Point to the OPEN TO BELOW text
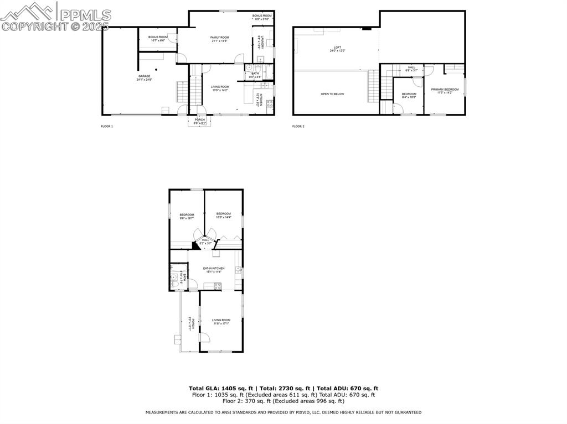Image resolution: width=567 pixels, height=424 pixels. coord(332,94)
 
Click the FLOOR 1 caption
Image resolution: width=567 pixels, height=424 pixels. coord(107,127)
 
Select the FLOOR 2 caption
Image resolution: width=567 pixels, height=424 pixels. coord(298,127)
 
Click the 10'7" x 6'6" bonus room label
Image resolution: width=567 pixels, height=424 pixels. coord(158,38)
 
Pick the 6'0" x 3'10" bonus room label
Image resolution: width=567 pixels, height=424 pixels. coord(262,17)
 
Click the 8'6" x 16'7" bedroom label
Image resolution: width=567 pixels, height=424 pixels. coord(187,216)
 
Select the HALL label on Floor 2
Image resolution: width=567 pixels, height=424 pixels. coord(411,69)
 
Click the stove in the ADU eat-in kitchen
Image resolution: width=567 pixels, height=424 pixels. coord(218,286)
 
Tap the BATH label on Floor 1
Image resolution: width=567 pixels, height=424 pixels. coord(255,75)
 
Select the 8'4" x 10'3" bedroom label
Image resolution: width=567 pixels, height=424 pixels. coord(409,96)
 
